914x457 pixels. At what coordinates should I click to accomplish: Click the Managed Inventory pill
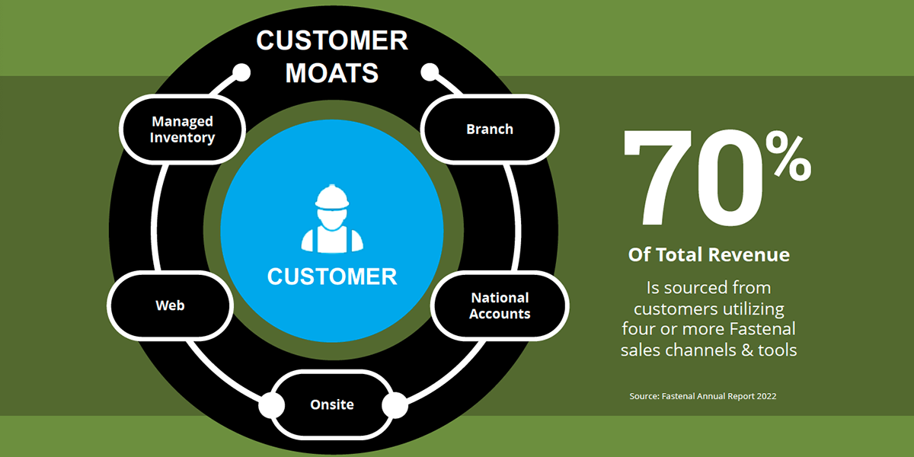point(182,129)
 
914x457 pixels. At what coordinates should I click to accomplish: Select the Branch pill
point(490,129)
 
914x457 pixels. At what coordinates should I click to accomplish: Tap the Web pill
point(170,305)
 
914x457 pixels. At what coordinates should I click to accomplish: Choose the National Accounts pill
point(500,305)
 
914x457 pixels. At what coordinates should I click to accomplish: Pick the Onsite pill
point(332,404)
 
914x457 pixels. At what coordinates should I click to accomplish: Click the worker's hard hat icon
point(332,197)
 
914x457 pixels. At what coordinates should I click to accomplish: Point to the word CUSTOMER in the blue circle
point(332,276)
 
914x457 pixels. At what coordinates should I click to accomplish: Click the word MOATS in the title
point(332,73)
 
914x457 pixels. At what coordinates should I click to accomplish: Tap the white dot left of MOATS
point(241,72)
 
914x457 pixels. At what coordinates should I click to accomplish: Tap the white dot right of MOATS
point(430,72)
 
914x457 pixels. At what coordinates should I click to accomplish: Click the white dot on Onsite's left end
point(272,405)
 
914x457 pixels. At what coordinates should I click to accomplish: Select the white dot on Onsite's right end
point(395,405)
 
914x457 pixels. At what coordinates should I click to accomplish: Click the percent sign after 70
point(788,157)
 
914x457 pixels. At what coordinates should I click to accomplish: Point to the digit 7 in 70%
point(658,178)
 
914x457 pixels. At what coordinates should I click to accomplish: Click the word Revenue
point(749,254)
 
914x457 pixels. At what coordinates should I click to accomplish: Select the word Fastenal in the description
point(762,329)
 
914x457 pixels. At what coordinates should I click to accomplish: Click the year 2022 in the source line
point(767,396)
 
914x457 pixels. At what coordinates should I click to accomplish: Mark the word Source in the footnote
point(644,396)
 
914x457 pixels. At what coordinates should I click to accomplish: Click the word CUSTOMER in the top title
point(332,40)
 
